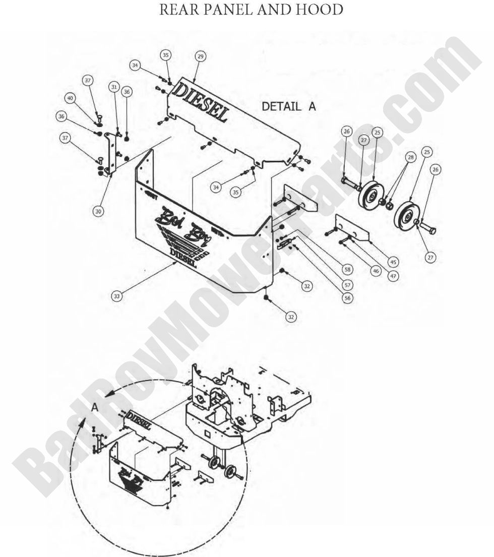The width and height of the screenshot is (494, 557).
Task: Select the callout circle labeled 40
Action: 70,98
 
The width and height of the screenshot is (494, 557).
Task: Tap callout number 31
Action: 114,87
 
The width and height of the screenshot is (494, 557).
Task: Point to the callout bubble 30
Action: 99,211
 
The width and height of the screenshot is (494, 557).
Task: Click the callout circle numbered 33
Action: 116,296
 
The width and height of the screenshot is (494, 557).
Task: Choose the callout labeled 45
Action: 393,262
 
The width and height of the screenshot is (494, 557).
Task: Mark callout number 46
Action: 376,271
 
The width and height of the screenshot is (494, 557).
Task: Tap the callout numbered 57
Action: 347,284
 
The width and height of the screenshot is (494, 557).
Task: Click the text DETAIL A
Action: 289,106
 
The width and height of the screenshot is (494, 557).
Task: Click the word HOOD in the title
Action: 320,11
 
